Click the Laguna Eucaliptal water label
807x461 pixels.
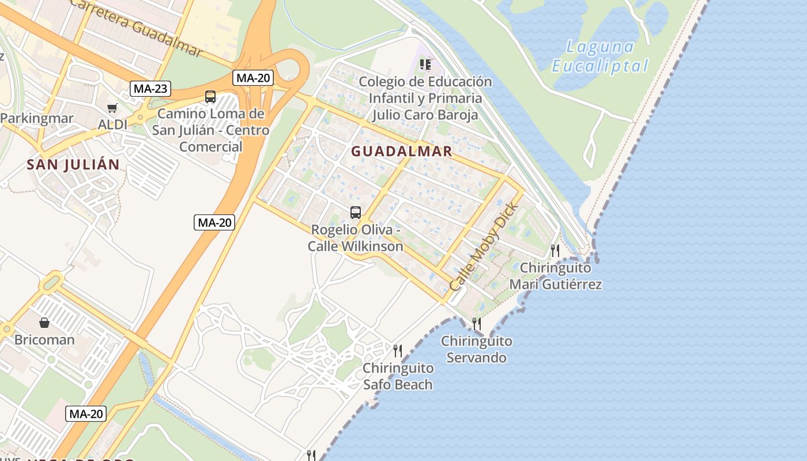pyautogui.click(x=600, y=56)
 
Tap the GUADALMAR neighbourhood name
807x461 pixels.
pyautogui.click(x=402, y=152)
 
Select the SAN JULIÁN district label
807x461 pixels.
pyautogui.click(x=73, y=165)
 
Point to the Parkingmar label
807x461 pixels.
pyautogui.click(x=37, y=119)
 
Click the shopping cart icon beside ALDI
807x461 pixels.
pyautogui.click(x=112, y=108)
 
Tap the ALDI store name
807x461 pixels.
pyautogui.click(x=112, y=124)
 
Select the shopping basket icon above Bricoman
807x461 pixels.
pyautogui.click(x=44, y=323)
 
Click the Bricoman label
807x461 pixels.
pyautogui.click(x=44, y=339)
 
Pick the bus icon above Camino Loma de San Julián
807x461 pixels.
pyautogui.click(x=210, y=97)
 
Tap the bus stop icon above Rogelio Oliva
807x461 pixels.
pyautogui.click(x=356, y=213)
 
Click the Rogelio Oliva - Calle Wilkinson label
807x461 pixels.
pyautogui.click(x=356, y=238)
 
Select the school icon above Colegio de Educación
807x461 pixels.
pyautogui.click(x=425, y=65)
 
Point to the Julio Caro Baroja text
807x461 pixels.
pyautogui.click(x=425, y=115)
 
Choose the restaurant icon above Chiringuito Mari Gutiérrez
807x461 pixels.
pyautogui.click(x=555, y=251)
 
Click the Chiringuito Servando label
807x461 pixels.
pyautogui.click(x=477, y=349)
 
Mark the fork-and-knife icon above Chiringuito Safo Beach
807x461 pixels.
pyautogui.click(x=397, y=350)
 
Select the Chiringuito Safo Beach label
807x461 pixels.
pyautogui.click(x=398, y=376)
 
